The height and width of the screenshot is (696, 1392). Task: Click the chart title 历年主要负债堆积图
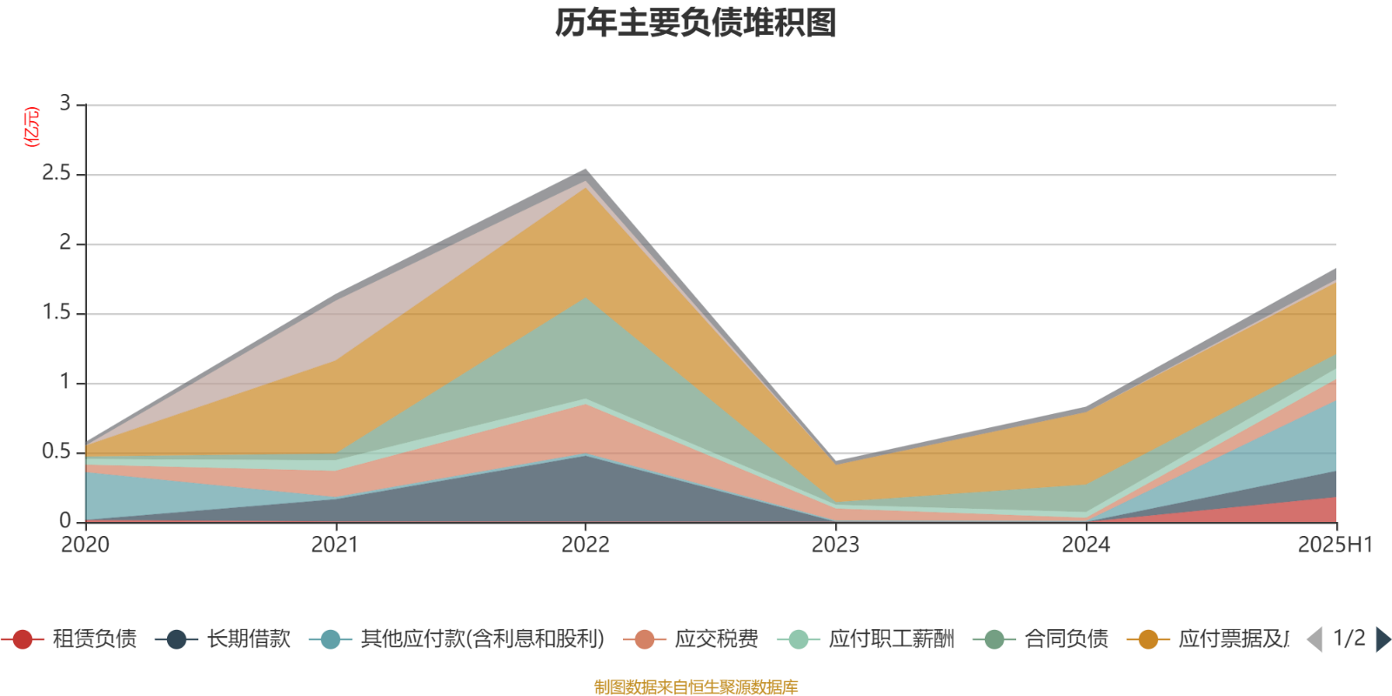[x=696, y=23]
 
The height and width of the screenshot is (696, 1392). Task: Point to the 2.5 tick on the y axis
[x=56, y=174]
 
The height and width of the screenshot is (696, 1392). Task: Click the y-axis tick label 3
[x=64, y=104]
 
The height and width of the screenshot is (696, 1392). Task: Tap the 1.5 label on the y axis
[x=56, y=313]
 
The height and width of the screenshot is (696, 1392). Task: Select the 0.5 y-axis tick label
[x=56, y=452]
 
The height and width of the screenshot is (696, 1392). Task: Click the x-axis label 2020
[x=84, y=545]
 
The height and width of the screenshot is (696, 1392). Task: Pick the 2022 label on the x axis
[x=585, y=545]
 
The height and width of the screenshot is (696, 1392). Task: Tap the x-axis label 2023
[x=835, y=545]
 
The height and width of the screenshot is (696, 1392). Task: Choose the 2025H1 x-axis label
[x=1334, y=545]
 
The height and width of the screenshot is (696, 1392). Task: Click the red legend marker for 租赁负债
[x=23, y=639]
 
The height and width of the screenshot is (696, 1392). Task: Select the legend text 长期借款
[x=248, y=639]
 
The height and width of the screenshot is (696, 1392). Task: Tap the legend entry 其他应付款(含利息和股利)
[x=482, y=639]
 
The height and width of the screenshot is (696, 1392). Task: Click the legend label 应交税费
[x=716, y=639]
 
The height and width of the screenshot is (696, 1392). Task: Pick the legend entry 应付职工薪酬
[x=891, y=639]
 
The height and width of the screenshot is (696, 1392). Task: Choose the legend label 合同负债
[x=1066, y=639]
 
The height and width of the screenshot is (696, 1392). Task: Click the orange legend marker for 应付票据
[x=1148, y=639]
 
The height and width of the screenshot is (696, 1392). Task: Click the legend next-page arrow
[x=1382, y=639]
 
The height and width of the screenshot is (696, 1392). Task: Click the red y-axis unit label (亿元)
[x=32, y=127]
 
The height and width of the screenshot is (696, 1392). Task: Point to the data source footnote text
[x=696, y=687]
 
